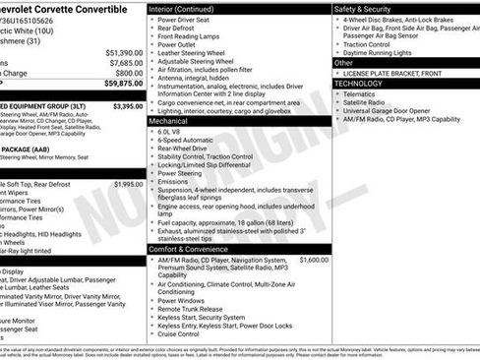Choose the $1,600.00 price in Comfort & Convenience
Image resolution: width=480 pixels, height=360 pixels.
[313, 260]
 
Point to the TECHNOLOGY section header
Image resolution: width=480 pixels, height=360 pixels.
[358, 84]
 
